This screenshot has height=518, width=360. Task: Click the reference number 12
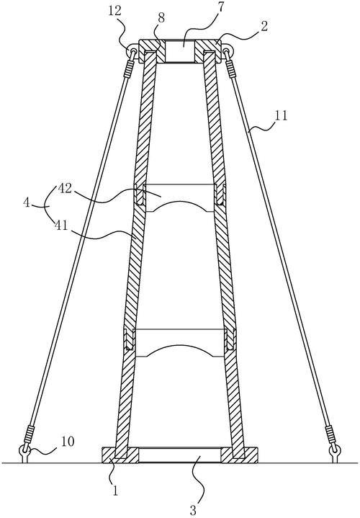[x=114, y=12]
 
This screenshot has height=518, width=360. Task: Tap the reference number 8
[x=161, y=19]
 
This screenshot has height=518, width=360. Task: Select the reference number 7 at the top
[x=220, y=8]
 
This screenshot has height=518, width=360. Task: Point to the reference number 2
[x=264, y=27]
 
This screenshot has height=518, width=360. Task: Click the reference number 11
[x=280, y=115]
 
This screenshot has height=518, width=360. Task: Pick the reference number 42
[x=66, y=188]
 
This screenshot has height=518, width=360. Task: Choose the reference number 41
[x=60, y=225]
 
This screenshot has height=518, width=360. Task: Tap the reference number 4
[x=27, y=202]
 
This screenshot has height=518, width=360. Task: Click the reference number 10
[x=68, y=442]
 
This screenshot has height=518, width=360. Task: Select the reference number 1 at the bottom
[x=115, y=491]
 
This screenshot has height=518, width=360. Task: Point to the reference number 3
[x=193, y=510]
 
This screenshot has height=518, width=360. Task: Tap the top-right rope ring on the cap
[x=227, y=52]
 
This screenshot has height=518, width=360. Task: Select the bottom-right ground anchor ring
[x=336, y=450]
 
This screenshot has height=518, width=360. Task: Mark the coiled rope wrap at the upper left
[x=128, y=69]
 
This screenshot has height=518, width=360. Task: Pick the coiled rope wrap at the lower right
[x=330, y=433]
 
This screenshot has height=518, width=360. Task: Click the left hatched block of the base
[x=120, y=455]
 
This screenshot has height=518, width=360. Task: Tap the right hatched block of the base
[x=240, y=455]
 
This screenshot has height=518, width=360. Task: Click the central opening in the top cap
[x=180, y=51]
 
